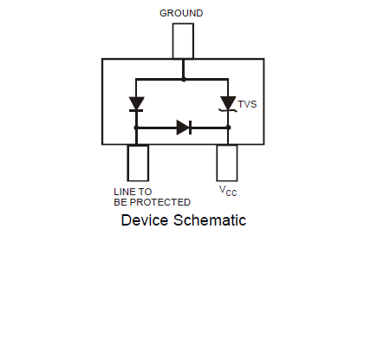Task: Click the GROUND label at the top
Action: [181, 13]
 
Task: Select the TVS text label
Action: [247, 104]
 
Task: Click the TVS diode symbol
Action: [228, 104]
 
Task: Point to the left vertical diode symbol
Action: [136, 104]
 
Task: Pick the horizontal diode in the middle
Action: [184, 128]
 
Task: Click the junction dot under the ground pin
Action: [184, 79]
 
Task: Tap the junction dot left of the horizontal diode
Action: [136, 128]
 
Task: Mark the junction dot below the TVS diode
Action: [228, 128]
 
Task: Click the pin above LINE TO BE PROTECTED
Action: [138, 163]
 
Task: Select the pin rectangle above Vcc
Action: [227, 163]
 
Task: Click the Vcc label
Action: [228, 191]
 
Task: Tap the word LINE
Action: [124, 192]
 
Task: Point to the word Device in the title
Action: [145, 220]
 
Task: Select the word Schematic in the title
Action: [210, 220]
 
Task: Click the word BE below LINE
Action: [120, 202]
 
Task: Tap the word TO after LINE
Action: [145, 192]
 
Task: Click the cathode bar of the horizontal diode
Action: [190, 128]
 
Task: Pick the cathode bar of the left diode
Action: [136, 110]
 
